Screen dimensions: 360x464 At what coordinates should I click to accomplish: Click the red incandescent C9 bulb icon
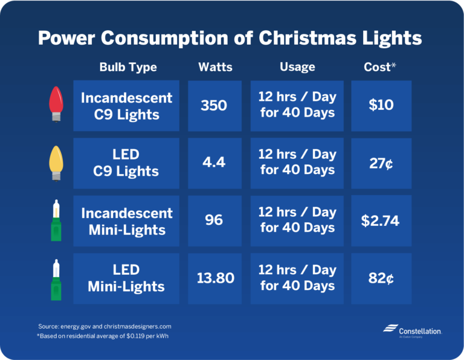(x=56, y=104)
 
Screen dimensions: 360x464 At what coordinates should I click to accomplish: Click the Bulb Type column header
(x=127, y=67)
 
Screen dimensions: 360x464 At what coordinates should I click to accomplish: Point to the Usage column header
(x=297, y=67)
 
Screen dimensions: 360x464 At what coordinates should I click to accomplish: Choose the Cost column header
(x=380, y=67)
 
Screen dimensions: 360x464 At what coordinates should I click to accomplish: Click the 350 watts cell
(x=214, y=106)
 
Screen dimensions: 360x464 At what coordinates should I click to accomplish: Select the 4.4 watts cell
(x=214, y=163)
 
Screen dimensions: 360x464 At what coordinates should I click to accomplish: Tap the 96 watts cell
(x=214, y=220)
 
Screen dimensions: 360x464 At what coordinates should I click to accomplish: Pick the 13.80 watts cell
(x=214, y=278)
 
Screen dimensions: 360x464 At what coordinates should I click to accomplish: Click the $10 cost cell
(x=381, y=106)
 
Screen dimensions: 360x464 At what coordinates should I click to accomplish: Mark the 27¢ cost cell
(x=381, y=163)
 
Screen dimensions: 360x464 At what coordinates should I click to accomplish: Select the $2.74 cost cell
(x=381, y=220)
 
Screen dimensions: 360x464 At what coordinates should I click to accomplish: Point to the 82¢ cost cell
(x=381, y=278)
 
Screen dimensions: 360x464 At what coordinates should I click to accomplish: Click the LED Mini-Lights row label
(x=126, y=278)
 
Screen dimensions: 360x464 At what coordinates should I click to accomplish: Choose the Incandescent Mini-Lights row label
(x=126, y=220)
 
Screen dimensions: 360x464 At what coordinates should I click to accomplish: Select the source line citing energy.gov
(x=105, y=326)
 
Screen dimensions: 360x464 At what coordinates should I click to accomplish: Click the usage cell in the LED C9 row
(x=297, y=163)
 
